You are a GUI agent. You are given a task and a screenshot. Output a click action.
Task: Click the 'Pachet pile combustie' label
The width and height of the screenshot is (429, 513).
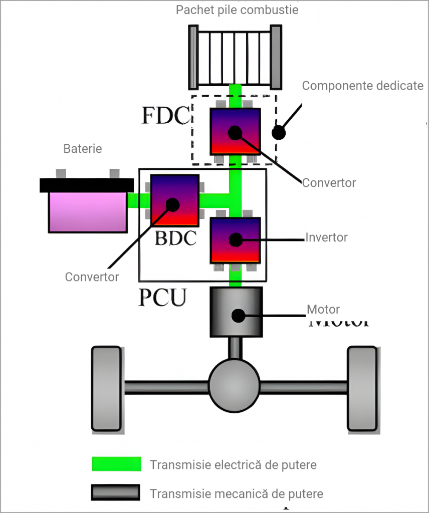click(237, 10)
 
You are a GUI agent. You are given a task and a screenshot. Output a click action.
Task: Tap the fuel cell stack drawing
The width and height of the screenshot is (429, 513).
click(236, 56)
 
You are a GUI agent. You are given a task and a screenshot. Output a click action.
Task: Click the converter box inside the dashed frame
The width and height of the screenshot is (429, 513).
click(235, 131)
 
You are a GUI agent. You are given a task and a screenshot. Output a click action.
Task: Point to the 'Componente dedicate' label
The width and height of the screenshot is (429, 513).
click(362, 86)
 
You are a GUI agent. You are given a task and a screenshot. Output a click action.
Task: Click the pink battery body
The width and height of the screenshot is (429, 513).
click(87, 212)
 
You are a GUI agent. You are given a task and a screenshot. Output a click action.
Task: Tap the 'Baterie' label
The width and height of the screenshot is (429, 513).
click(83, 149)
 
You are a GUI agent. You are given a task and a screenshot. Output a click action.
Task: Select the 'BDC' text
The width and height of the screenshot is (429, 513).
click(175, 238)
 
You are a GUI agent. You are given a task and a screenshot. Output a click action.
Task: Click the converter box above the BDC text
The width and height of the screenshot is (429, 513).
click(174, 200)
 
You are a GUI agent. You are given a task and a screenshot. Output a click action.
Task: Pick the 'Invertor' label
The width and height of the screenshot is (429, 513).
click(326, 237)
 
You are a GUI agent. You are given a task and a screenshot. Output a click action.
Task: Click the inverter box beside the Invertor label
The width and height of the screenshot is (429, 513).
click(235, 240)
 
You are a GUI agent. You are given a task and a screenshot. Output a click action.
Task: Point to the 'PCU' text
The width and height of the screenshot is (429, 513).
click(162, 297)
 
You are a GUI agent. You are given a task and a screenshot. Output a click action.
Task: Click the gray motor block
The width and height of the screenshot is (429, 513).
click(236, 312)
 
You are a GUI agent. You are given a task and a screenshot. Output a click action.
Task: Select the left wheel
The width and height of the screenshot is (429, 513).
click(107, 388)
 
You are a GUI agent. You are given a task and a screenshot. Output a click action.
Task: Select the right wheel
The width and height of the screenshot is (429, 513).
click(362, 388)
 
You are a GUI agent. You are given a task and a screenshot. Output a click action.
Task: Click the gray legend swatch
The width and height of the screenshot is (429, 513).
click(115, 493)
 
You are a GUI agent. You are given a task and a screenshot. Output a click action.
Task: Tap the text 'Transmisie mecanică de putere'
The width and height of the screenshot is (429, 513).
click(237, 493)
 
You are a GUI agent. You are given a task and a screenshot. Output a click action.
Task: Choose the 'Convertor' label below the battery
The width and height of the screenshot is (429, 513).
click(92, 277)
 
